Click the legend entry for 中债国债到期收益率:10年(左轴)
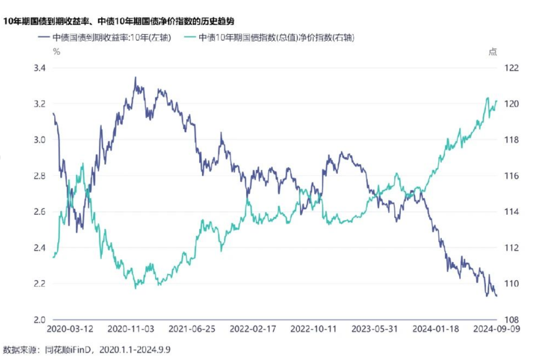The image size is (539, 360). pos(105,38)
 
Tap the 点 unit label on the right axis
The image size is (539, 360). pos(493,52)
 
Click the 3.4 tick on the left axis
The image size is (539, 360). pos(40,68)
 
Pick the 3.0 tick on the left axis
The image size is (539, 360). pos(40,140)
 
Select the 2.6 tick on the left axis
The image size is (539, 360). pos(40,212)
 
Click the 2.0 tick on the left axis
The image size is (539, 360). pos(40,320)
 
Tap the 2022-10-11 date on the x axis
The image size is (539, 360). pos(313,329)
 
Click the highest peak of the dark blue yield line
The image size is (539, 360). pos(135,78)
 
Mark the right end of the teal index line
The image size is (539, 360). pos(497,101)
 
